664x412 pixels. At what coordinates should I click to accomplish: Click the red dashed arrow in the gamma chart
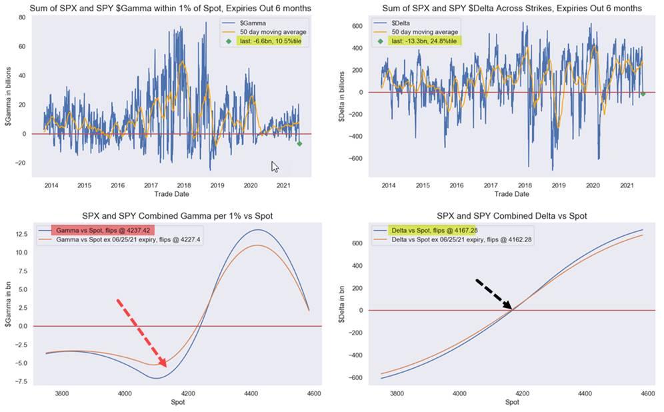[141, 331]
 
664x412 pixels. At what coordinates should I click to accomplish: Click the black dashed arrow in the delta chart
[493, 294]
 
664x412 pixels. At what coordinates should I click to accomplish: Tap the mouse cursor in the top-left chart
[275, 166]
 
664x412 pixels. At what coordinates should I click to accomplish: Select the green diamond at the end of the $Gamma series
[299, 143]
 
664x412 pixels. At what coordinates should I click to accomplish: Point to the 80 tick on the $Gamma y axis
[21, 17]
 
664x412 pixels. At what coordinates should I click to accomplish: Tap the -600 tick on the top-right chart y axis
[357, 159]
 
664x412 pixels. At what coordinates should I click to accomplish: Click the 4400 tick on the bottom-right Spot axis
[583, 393]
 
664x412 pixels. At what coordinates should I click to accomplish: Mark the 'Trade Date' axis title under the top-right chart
[511, 194]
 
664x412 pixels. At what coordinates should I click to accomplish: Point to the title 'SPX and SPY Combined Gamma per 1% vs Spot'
[177, 217]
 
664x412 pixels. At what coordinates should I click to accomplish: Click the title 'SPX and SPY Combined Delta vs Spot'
[511, 217]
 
